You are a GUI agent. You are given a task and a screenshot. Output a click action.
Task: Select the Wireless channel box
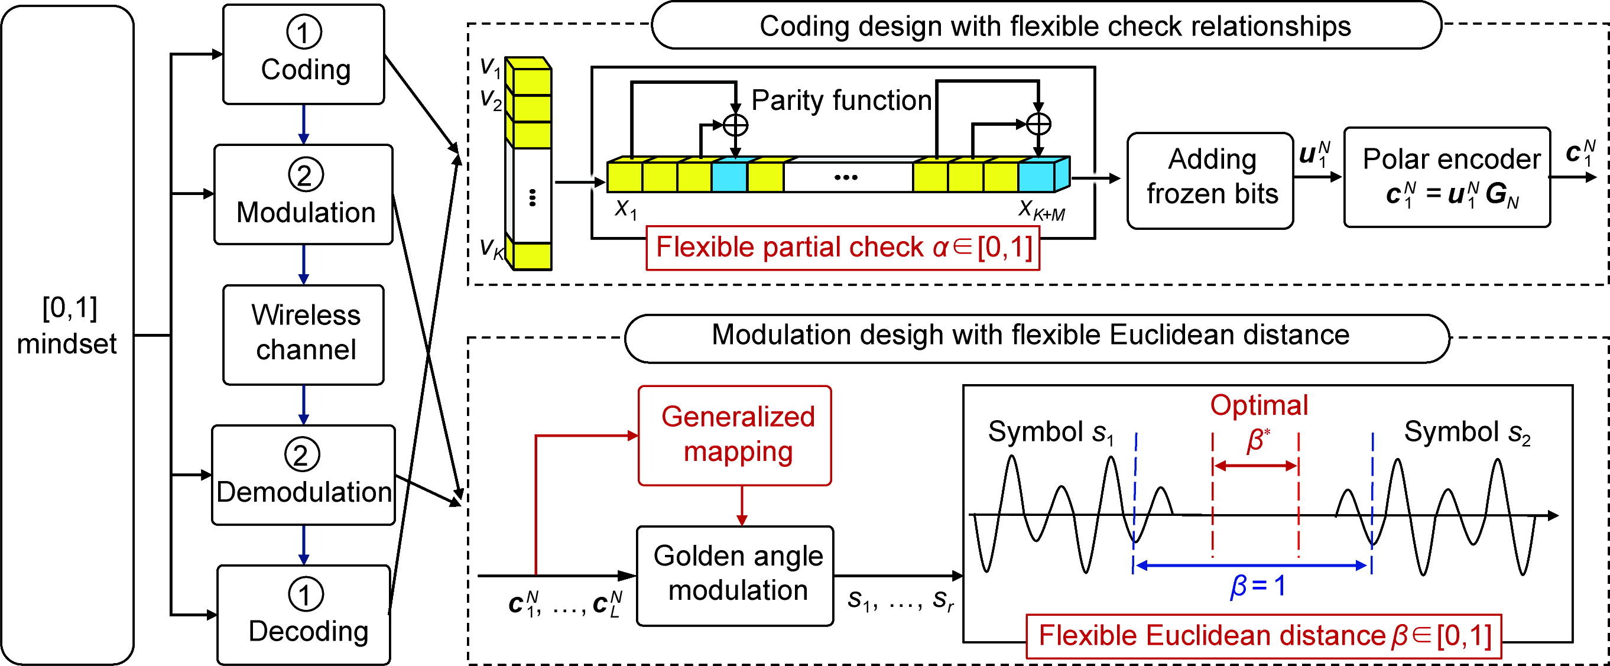(x=304, y=334)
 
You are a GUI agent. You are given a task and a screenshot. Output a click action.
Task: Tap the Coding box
(x=304, y=54)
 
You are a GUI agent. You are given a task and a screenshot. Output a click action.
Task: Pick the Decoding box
(x=304, y=615)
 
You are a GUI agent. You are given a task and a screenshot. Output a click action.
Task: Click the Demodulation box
(x=304, y=475)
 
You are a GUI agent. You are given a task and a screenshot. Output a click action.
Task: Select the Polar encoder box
(x=1447, y=177)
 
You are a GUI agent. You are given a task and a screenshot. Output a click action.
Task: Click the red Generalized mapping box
(x=735, y=435)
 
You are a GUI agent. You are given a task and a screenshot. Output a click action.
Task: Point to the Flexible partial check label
(x=842, y=248)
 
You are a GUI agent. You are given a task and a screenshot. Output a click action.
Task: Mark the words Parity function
(x=841, y=100)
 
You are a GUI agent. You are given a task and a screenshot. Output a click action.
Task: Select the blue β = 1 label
(x=1258, y=588)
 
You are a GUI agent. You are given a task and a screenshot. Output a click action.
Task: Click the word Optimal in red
(x=1259, y=405)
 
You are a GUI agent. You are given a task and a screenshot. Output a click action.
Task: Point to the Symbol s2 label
(x=1466, y=432)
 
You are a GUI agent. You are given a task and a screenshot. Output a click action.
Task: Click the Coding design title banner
(x=1046, y=26)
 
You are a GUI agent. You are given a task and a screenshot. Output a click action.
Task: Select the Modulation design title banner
(x=1036, y=336)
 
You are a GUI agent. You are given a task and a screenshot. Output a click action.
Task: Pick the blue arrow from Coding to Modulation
(x=303, y=124)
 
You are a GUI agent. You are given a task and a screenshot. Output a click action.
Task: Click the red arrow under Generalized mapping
(x=741, y=505)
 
